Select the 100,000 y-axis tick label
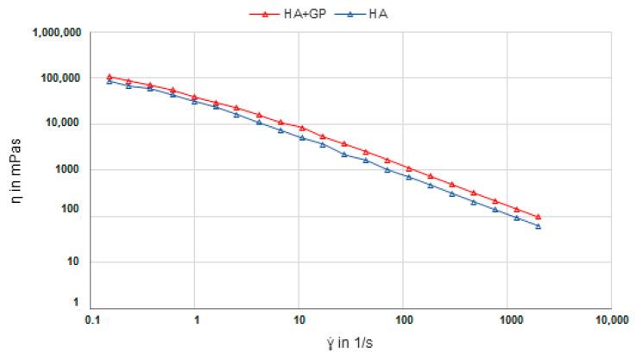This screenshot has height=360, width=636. (x=60, y=78)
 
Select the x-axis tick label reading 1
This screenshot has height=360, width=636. (x=198, y=319)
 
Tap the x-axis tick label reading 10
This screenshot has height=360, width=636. (x=299, y=319)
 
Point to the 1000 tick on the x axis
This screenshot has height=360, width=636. (x=506, y=319)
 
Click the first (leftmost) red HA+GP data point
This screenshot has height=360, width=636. (x=110, y=77)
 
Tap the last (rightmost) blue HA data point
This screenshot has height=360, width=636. (x=538, y=226)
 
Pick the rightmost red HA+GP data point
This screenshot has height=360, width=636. (x=538, y=217)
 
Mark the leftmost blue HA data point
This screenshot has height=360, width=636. (x=110, y=81)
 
